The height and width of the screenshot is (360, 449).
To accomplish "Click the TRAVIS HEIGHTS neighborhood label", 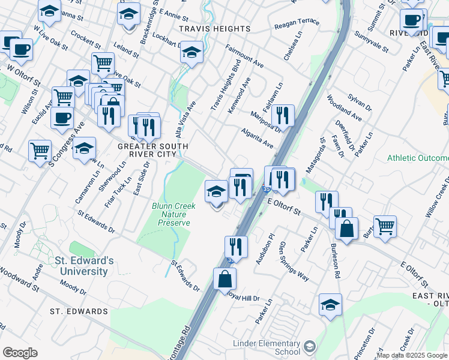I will [214, 29].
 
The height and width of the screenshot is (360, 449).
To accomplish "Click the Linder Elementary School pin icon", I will [309, 347].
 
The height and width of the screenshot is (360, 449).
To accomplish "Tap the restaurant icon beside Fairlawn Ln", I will [282, 115].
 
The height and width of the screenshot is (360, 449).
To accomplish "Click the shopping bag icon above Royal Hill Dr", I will [224, 279].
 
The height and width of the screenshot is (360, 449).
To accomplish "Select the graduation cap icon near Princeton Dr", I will [330, 305].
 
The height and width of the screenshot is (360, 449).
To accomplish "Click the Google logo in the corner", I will [20, 353].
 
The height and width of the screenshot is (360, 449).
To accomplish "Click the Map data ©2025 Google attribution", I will [412, 355].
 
